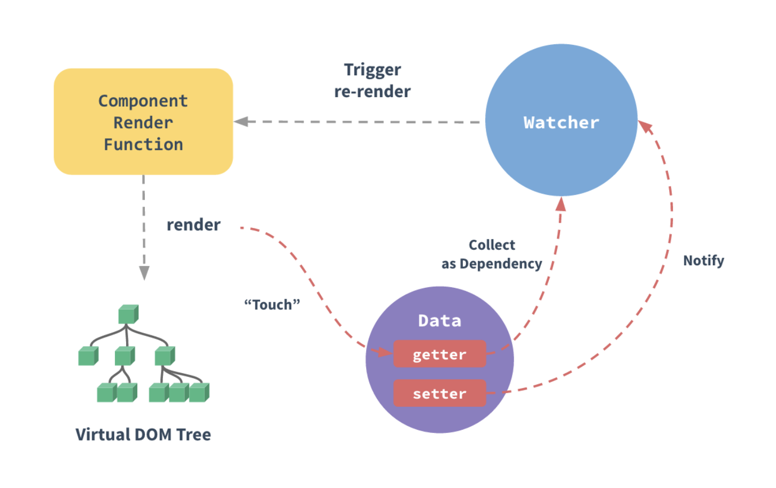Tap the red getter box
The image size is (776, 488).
click(439, 355)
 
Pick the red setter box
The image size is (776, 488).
click(439, 393)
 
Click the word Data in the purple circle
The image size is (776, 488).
click(439, 320)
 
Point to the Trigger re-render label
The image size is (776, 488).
click(373, 81)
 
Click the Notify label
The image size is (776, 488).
click(703, 261)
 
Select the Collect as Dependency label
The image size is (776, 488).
click(492, 254)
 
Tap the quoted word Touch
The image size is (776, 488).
click(272, 304)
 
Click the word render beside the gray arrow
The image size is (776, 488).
click(193, 225)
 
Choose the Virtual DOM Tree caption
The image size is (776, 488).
click(143, 435)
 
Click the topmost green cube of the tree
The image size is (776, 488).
click(128, 314)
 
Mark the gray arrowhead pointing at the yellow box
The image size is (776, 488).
click(241, 122)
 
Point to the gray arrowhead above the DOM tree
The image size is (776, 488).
click(144, 273)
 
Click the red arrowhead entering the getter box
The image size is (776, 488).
click(384, 352)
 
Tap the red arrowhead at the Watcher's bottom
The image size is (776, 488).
click(561, 204)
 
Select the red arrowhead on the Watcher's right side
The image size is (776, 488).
click(646, 127)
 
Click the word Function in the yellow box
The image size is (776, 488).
click(143, 145)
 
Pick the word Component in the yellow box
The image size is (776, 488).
click(143, 101)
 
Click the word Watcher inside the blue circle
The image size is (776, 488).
click(561, 123)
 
